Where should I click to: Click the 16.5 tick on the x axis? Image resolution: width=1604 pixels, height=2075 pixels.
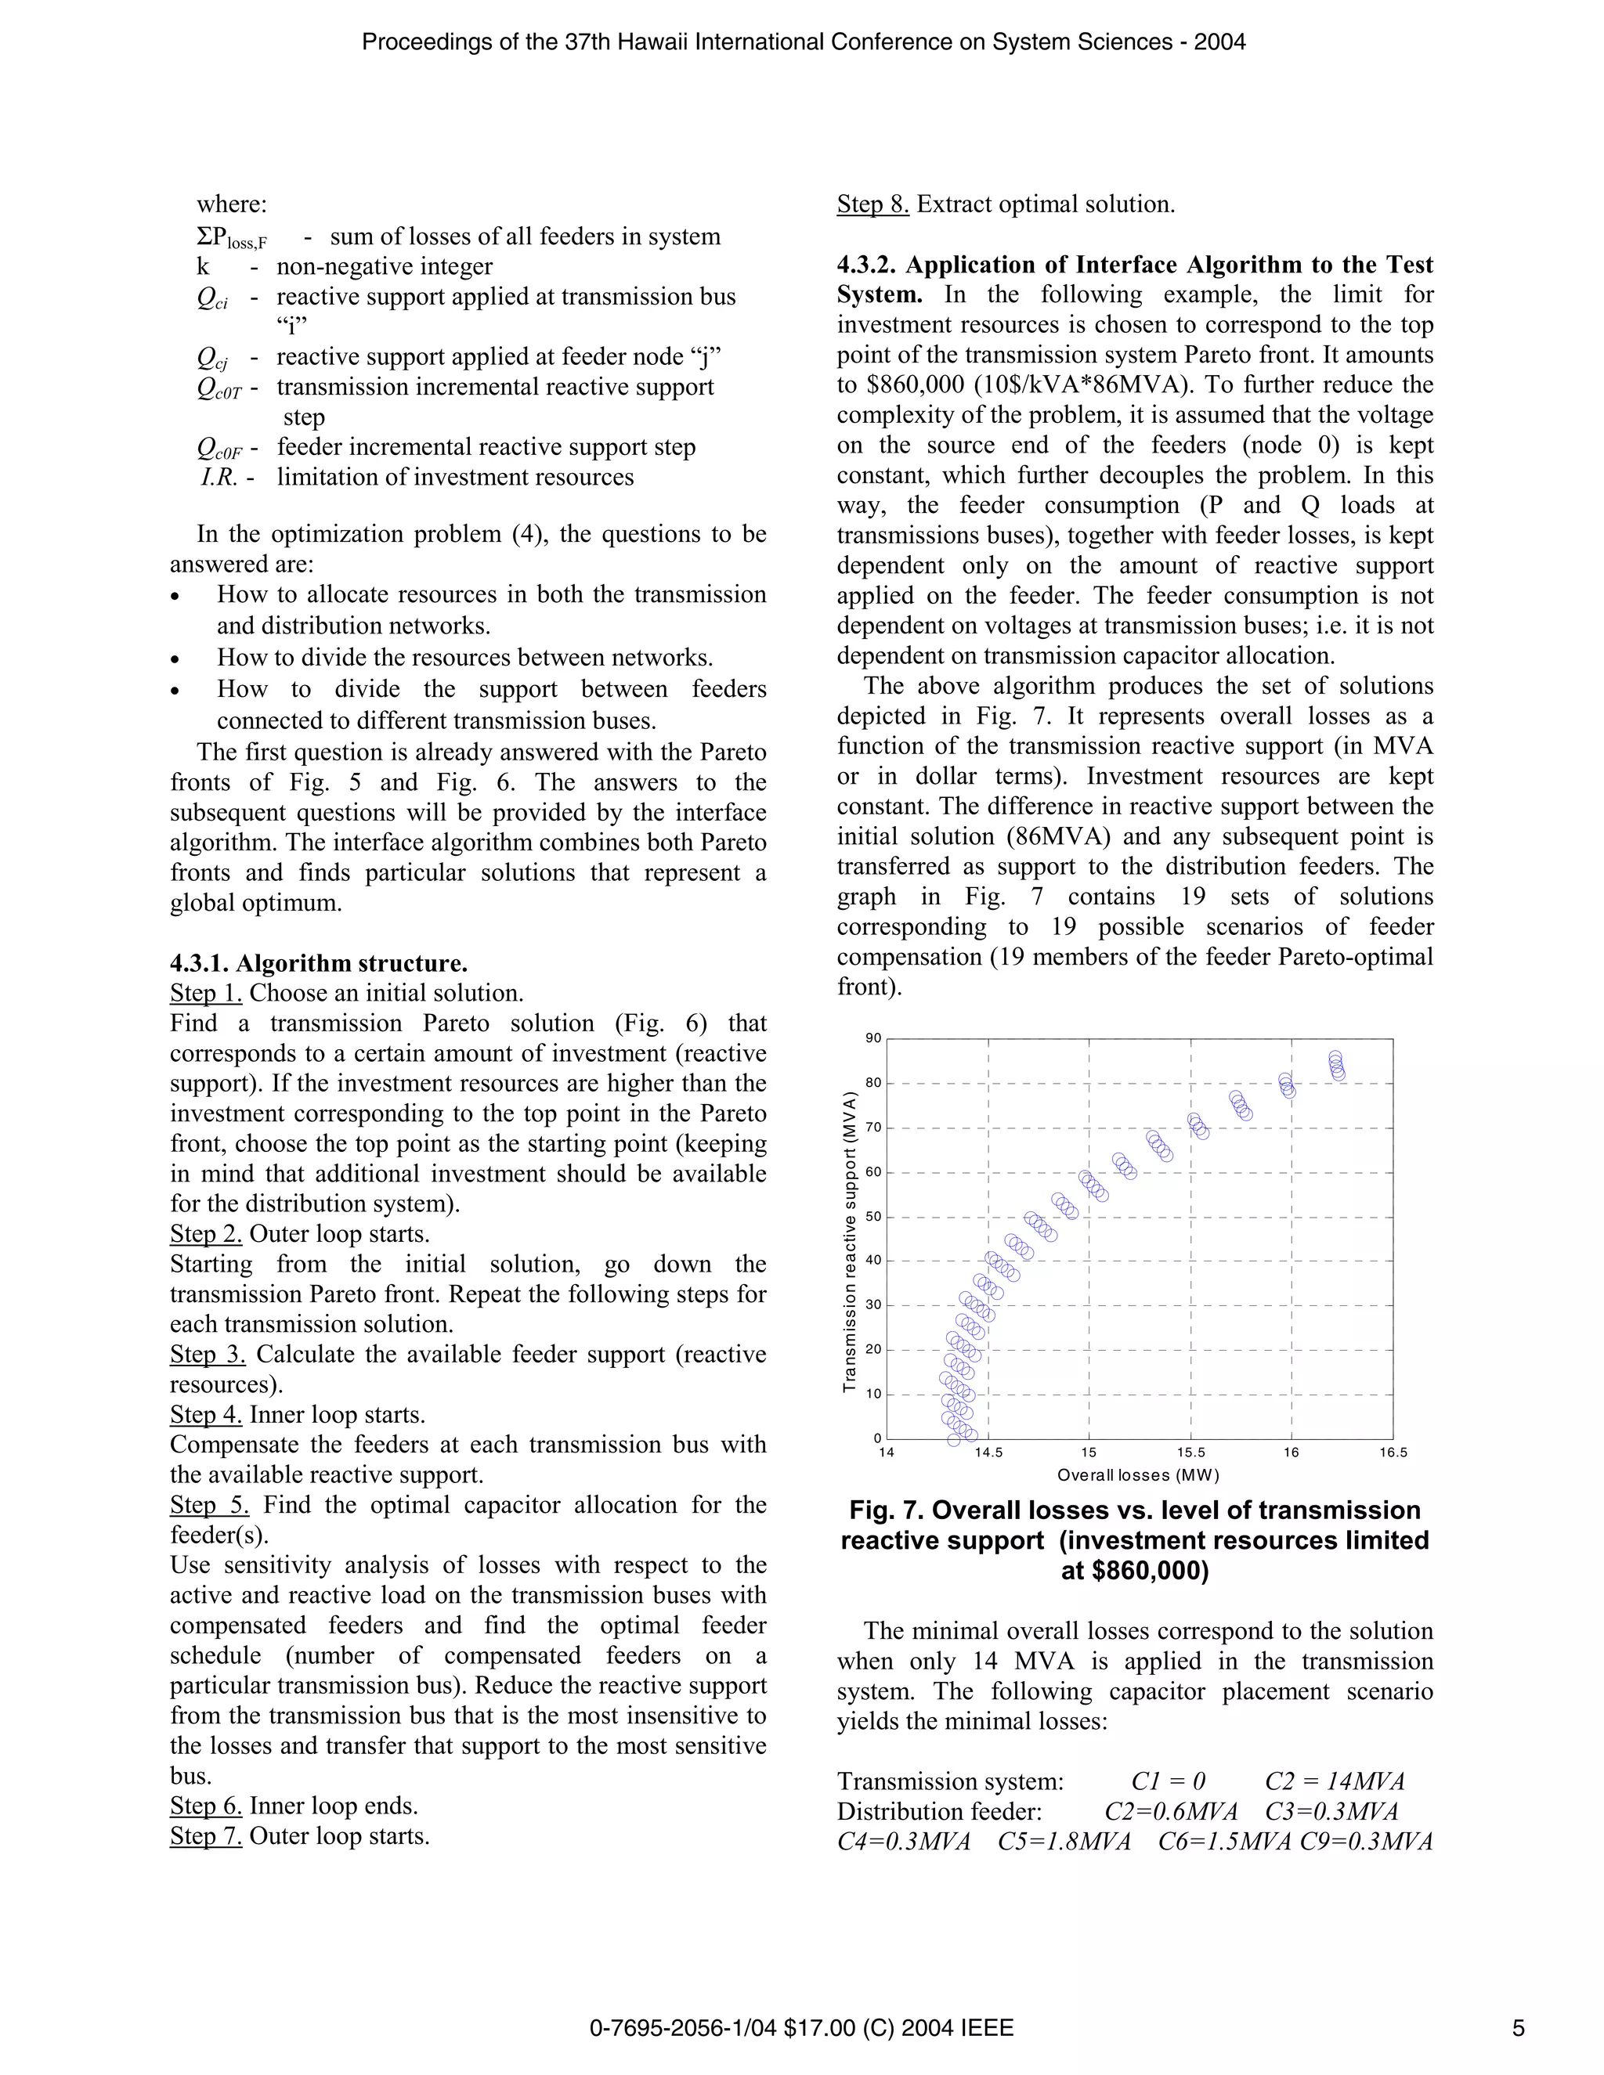(1393, 1452)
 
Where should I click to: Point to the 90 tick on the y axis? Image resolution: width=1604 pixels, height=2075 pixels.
(873, 1038)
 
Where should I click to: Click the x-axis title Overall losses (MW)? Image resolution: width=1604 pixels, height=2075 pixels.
(1138, 1475)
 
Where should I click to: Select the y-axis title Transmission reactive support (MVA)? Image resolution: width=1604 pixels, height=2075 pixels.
(850, 1243)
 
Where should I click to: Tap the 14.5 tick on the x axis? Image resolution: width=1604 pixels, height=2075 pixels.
(988, 1452)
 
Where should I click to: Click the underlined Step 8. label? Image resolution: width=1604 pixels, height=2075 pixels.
(872, 204)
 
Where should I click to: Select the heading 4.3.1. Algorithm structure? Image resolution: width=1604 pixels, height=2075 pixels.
(318, 963)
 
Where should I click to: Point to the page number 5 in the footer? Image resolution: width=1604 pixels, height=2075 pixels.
(1519, 2029)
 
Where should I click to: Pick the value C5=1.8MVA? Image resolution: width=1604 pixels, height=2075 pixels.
(1064, 1842)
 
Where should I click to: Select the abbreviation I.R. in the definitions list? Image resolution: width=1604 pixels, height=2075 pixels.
(219, 477)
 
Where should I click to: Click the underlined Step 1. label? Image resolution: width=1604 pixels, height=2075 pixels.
(206, 993)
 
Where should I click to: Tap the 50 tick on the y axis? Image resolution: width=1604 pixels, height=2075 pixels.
(873, 1217)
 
